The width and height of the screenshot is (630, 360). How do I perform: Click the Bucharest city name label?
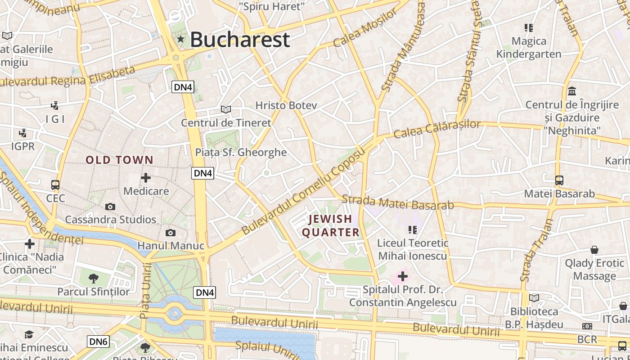(239, 40)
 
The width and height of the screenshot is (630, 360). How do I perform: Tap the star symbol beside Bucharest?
(181, 39)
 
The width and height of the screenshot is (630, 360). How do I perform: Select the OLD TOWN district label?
(120, 160)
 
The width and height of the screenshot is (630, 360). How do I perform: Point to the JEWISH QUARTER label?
(331, 225)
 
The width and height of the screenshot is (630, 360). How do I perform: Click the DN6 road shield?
(98, 342)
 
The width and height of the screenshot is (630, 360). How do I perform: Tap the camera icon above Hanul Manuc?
(170, 233)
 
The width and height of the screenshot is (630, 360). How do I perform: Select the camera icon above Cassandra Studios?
(110, 207)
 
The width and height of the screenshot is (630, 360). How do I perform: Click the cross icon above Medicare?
(146, 178)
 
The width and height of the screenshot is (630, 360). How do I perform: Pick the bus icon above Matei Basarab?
(559, 180)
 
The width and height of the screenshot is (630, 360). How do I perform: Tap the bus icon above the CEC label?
(55, 185)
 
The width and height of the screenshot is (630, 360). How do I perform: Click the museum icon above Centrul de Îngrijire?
(572, 91)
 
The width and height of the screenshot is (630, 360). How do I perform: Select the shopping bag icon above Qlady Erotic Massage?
(594, 250)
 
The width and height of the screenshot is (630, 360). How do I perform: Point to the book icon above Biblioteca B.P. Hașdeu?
(534, 298)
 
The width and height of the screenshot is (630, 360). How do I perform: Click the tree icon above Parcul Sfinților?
(93, 278)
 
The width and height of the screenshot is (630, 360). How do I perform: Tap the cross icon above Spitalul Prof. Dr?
(403, 276)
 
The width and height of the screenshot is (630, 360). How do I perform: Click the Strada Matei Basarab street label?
(398, 202)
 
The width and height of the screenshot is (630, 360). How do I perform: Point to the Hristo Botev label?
(286, 105)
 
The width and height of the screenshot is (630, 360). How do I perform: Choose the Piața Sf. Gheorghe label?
(241, 152)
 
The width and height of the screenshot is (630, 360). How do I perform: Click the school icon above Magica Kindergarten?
(529, 28)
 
